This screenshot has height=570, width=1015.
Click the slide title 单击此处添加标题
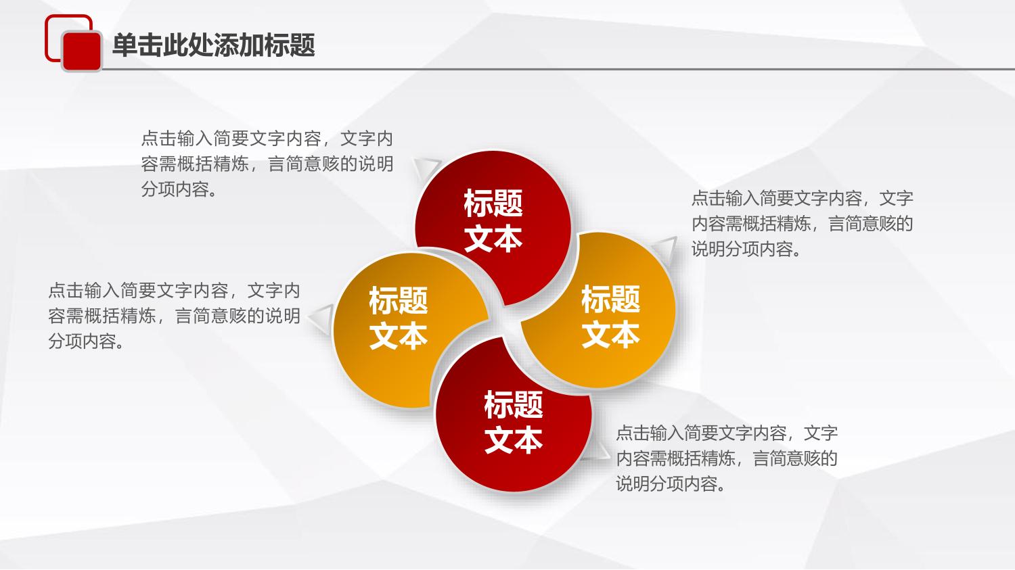point(213,45)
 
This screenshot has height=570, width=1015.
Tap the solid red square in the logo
point(82,51)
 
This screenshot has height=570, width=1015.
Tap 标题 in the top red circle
point(493,204)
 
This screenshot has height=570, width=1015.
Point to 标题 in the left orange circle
point(399,300)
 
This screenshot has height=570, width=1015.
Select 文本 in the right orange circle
point(610,334)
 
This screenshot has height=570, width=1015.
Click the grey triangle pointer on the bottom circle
point(597,450)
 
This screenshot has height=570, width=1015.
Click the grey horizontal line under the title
point(558,69)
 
